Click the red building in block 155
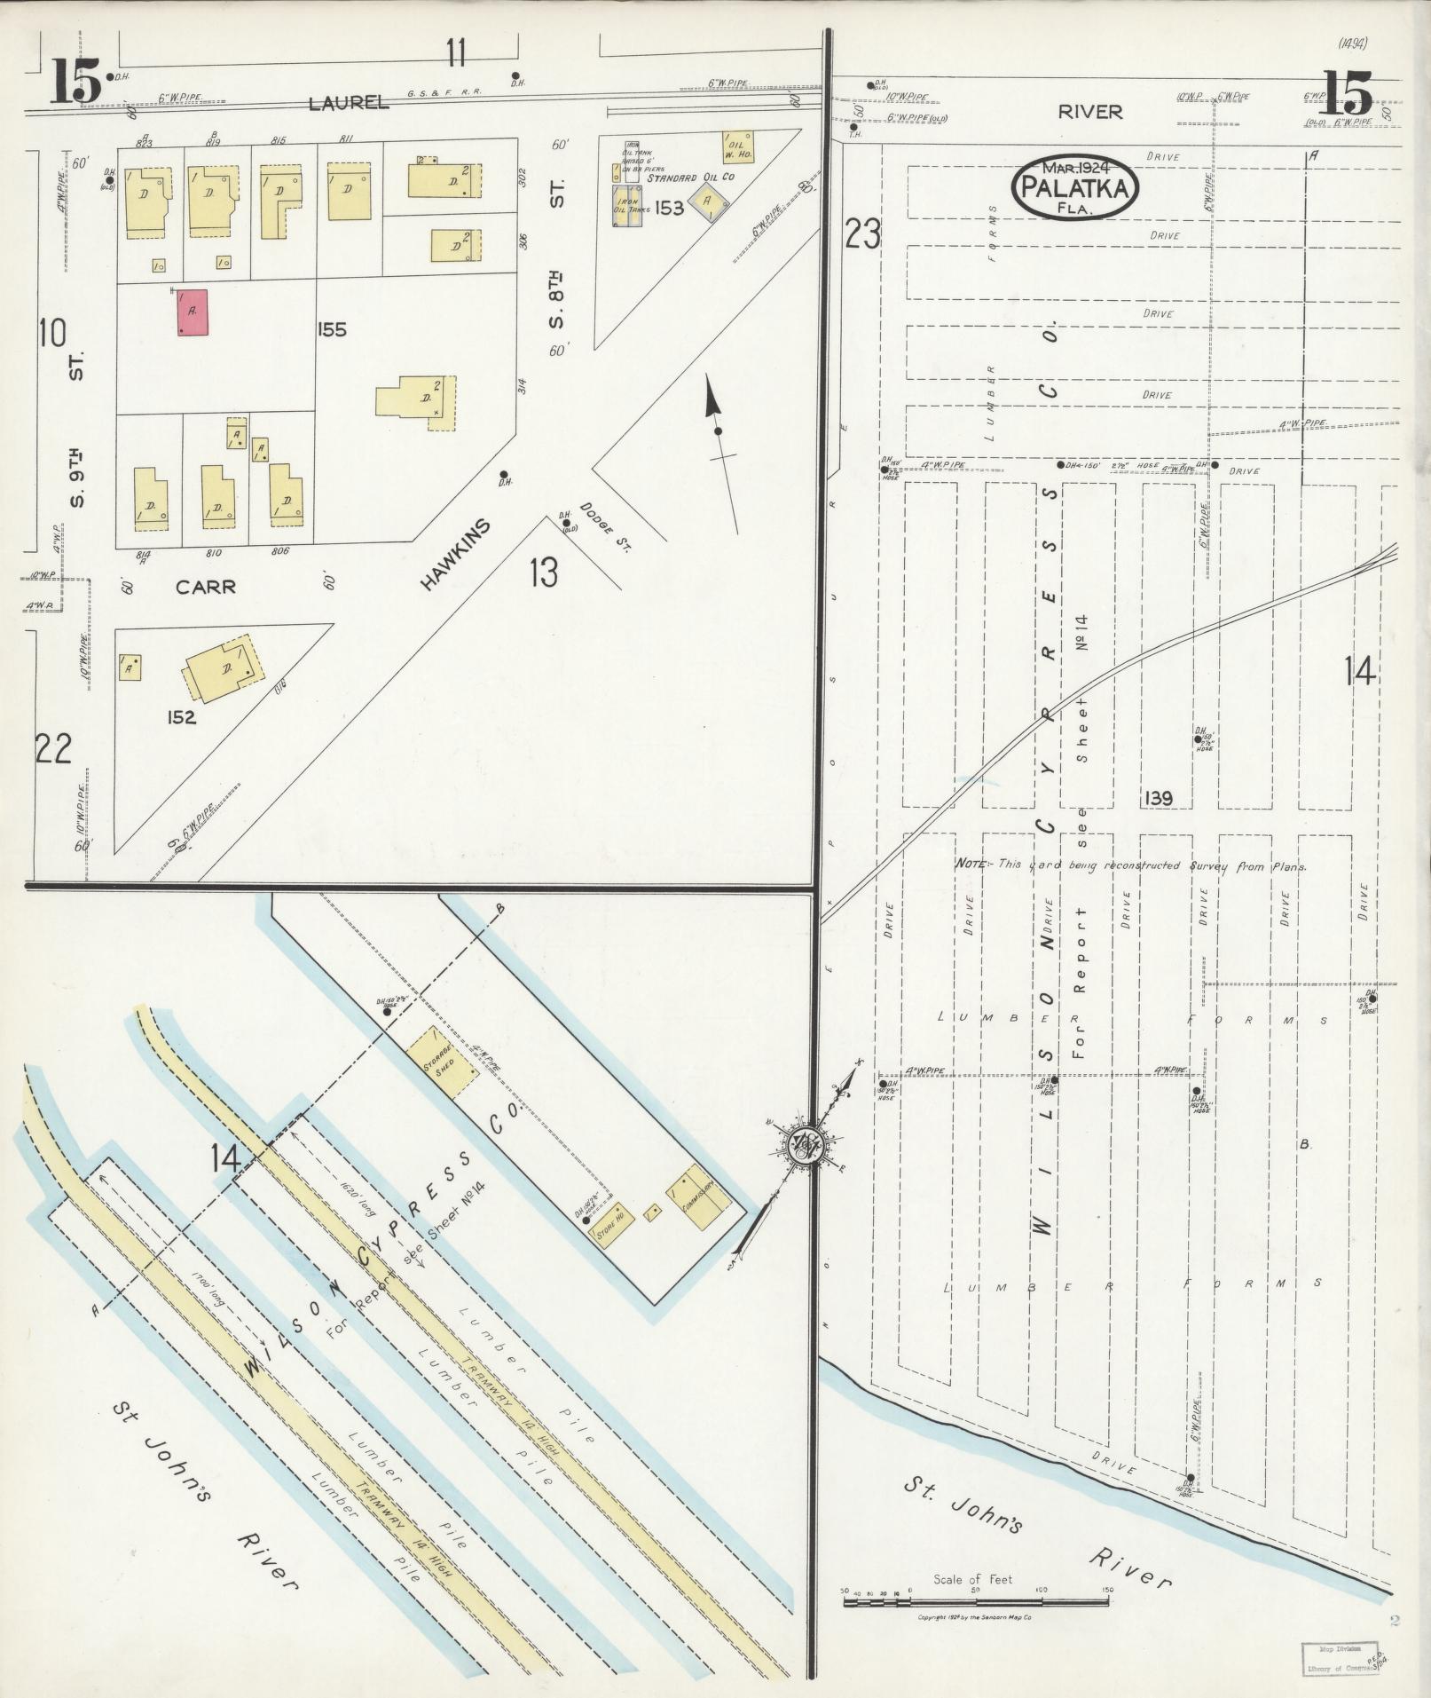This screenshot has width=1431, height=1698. (193, 312)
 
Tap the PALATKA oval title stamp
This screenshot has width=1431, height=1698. (1075, 186)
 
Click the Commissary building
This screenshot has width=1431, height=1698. (699, 1191)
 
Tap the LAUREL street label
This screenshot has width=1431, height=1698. (349, 103)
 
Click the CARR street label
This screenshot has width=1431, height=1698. (205, 587)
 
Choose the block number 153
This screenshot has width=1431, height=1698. (671, 208)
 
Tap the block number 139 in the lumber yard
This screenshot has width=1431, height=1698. (1158, 798)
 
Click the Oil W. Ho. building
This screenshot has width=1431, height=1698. (737, 146)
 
